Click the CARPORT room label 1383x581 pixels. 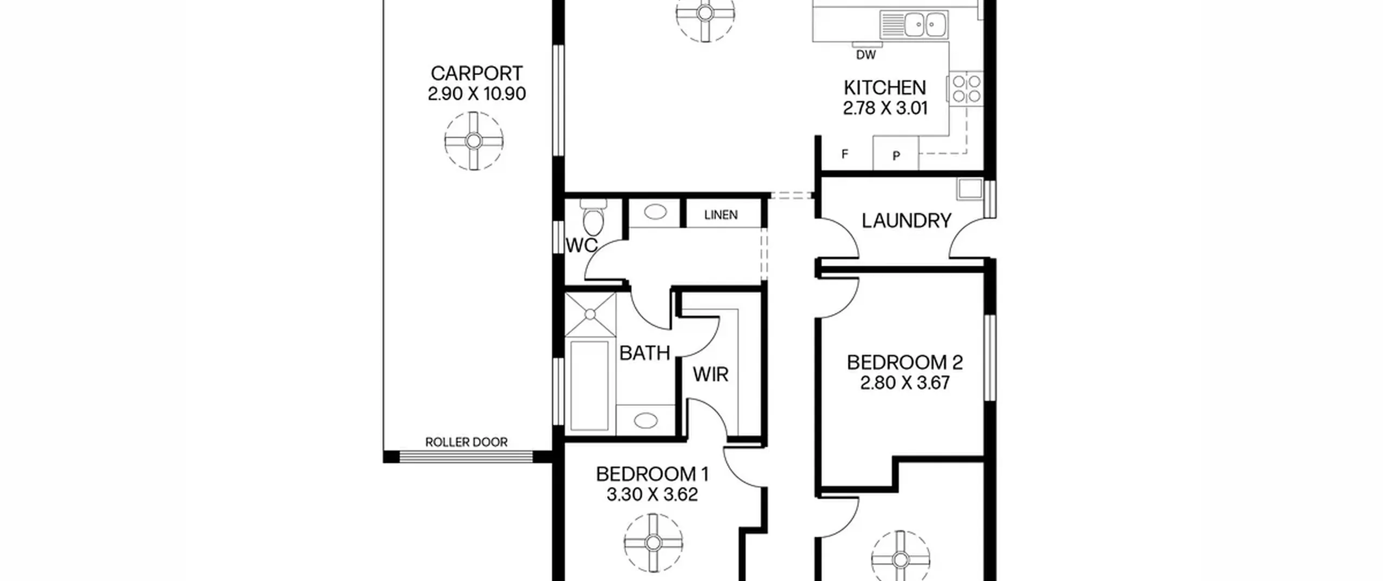476,74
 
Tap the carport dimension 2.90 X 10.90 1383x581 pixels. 476,94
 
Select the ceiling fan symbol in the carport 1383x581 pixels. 474,141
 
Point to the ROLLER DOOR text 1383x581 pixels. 466,442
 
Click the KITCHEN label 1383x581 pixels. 885,88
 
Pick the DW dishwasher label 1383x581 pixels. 865,55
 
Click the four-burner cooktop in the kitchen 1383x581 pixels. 966,89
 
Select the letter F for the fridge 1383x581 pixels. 845,155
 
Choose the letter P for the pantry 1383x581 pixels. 896,156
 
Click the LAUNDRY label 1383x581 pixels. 907,221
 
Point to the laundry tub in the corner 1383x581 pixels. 970,189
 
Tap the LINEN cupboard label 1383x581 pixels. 721,215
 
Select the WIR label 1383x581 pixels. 710,374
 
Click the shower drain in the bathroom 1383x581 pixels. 590,314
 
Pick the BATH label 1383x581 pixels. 644,353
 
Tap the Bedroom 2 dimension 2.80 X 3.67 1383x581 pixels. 905,383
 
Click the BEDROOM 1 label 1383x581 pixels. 652,474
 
